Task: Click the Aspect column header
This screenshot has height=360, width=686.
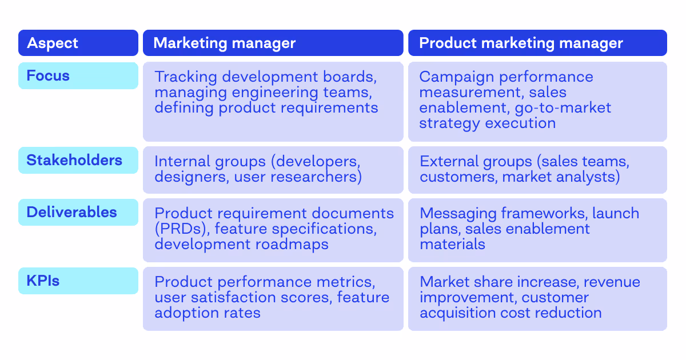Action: coord(53,43)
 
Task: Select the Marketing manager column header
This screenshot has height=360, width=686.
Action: coord(225,43)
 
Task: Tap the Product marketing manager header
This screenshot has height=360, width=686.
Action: coord(521,43)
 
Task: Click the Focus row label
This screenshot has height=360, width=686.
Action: coord(48,75)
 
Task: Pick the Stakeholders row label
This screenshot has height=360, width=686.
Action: coord(74,160)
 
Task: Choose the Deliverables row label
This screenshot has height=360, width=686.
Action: coord(71,212)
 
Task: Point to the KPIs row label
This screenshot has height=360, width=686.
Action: coord(43,281)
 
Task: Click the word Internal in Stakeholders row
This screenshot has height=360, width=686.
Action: coord(182,162)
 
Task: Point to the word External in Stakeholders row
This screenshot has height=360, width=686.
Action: coord(448,162)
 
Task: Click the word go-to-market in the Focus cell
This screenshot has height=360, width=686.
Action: coord(563,107)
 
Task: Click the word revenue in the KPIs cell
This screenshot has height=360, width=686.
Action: coord(612,282)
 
